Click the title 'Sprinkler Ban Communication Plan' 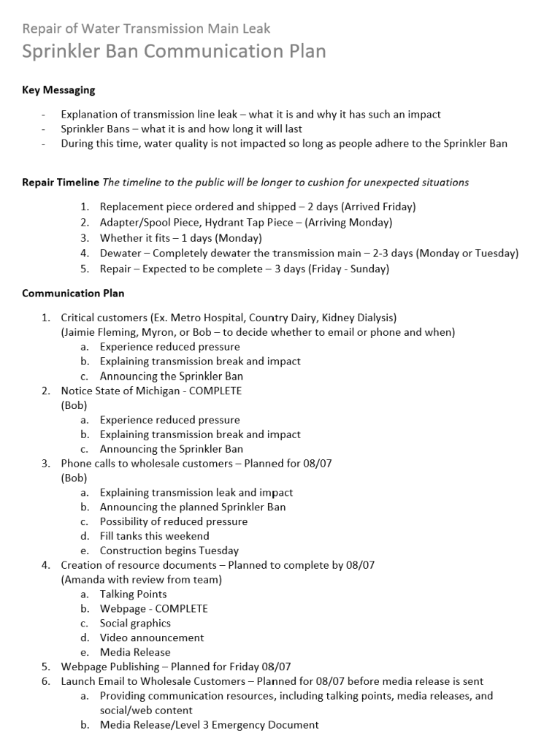point(174,51)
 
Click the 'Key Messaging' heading point(58,91)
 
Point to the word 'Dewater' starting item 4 point(120,253)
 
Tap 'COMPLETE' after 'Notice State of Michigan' point(215,391)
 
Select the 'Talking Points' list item point(133,594)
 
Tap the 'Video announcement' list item point(152,637)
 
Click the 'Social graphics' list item point(135,623)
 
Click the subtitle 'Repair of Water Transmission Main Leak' point(146,29)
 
